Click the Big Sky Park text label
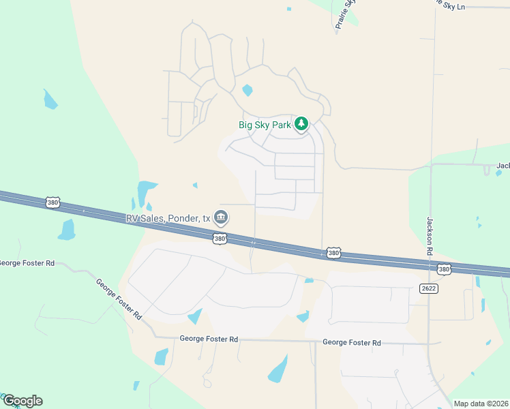(x=265, y=125)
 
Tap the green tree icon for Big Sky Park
(x=301, y=124)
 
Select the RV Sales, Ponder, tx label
(x=168, y=218)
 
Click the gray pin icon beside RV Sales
(x=221, y=217)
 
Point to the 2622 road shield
(x=428, y=288)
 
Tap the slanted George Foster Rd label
(x=119, y=299)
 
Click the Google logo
(x=22, y=401)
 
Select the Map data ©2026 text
(x=481, y=404)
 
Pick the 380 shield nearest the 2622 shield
(x=444, y=269)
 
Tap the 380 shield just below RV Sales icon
(x=219, y=239)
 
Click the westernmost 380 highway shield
(x=52, y=202)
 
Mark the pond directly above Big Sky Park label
(x=247, y=90)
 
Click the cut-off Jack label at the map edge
(x=502, y=166)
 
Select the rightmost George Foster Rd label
(x=351, y=343)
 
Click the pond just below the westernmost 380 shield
(x=66, y=230)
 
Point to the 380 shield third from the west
(x=333, y=253)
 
